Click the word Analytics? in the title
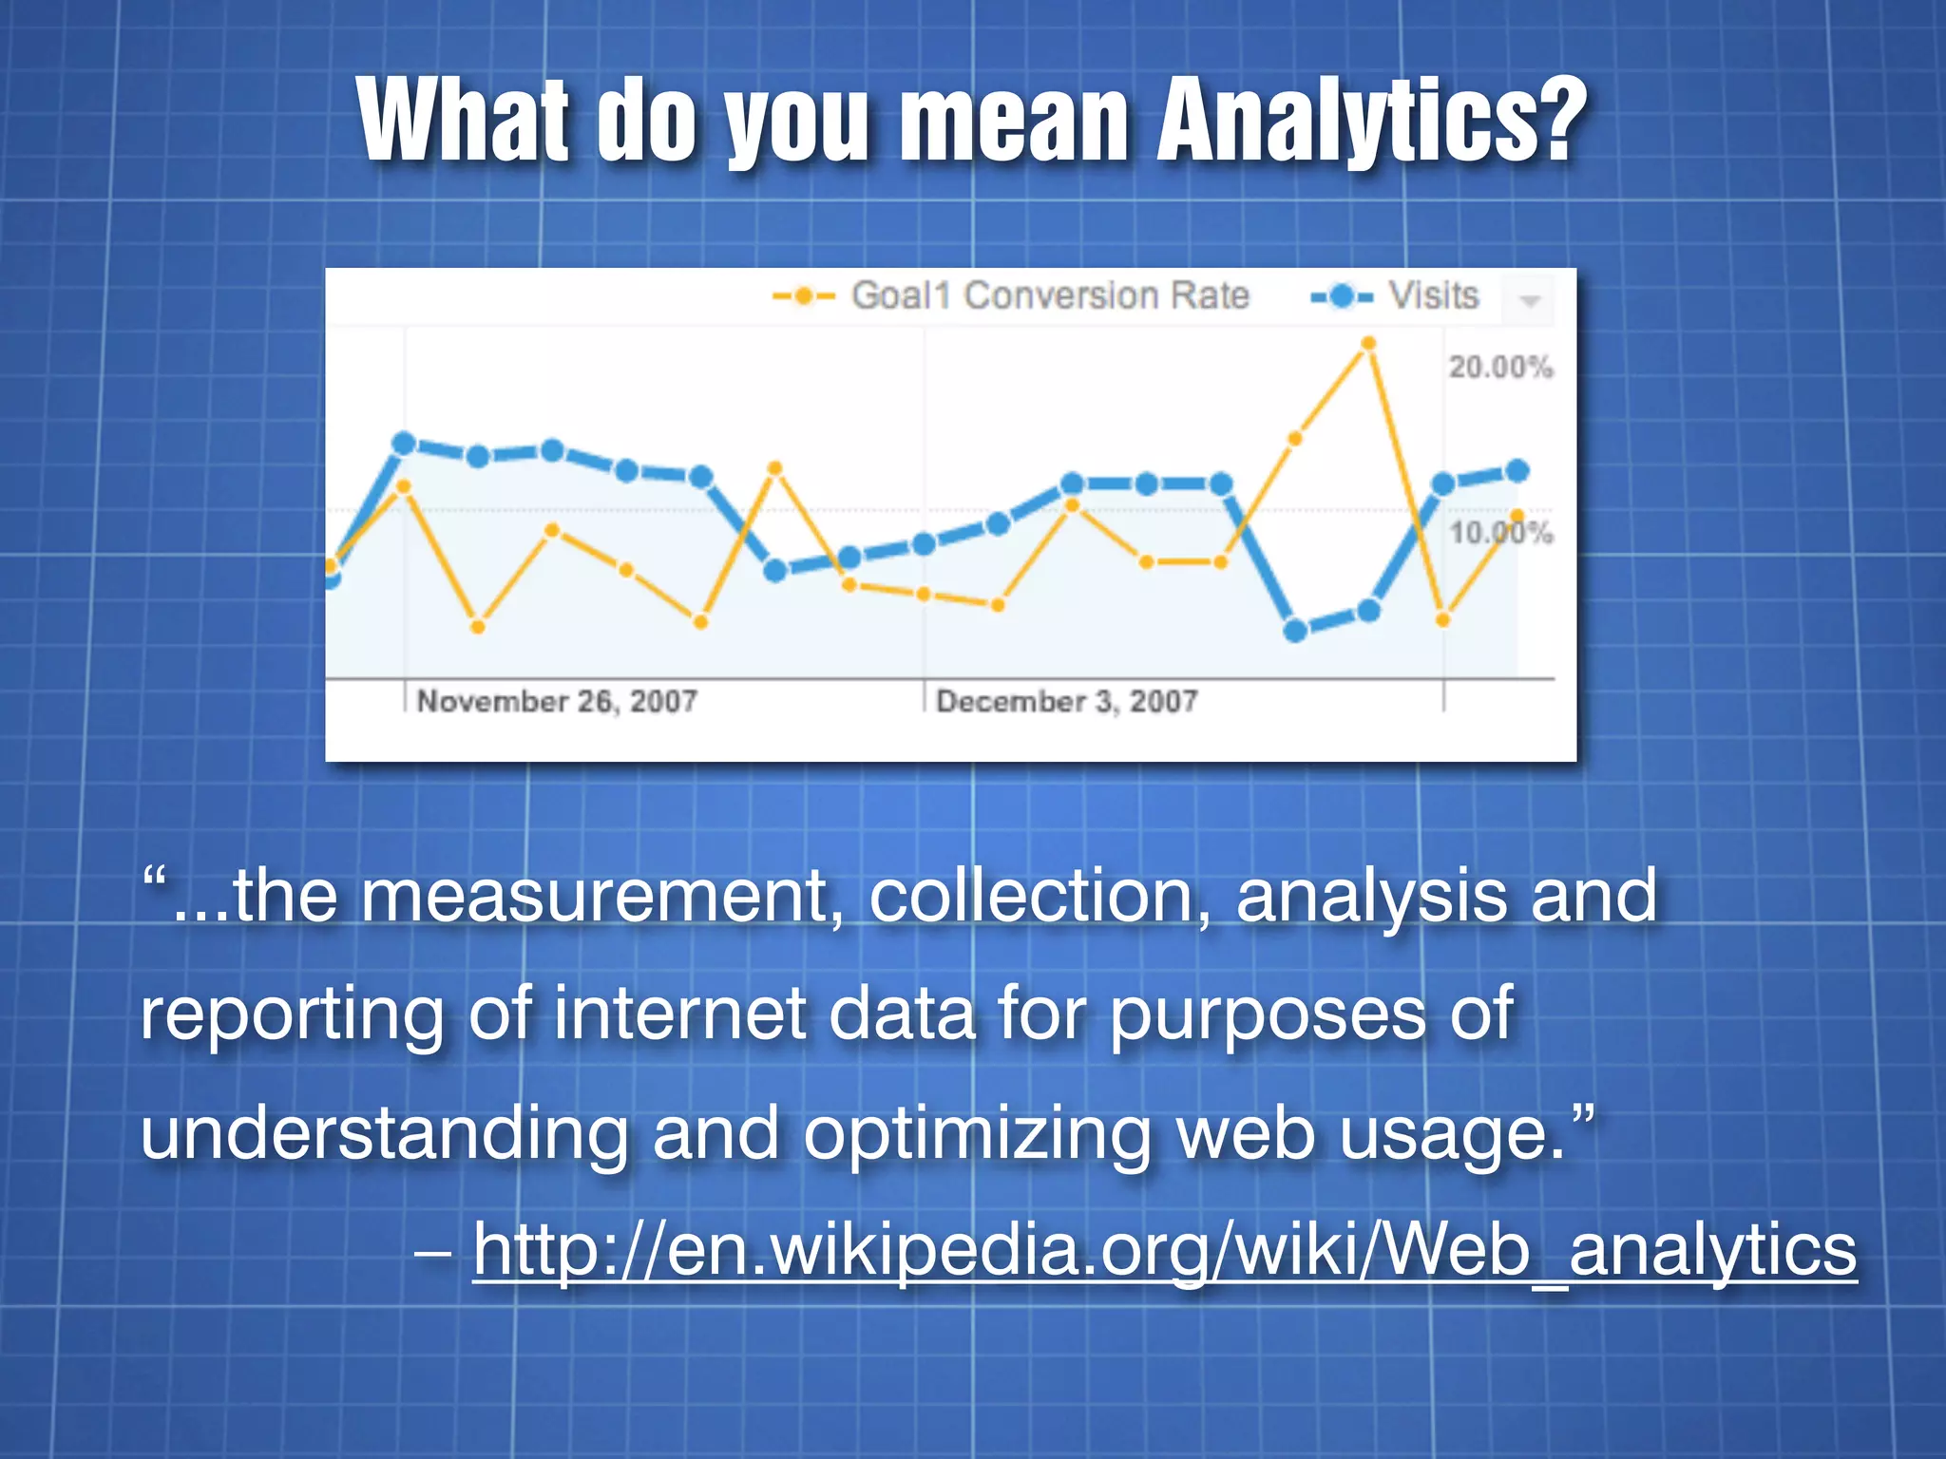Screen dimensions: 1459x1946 [1371, 122]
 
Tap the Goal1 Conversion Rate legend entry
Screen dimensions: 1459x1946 [1011, 296]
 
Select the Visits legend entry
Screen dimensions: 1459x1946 [1395, 296]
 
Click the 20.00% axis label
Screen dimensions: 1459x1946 [1500, 367]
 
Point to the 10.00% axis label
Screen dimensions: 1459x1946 [1500, 533]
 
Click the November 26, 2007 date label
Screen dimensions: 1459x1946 [557, 702]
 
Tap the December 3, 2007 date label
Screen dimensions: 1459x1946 [1066, 702]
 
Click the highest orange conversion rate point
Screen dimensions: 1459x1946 [1368, 344]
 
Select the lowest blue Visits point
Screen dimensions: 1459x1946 [1295, 631]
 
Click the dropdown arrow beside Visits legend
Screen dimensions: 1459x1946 [1530, 301]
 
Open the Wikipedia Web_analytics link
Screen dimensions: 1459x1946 [1164, 1249]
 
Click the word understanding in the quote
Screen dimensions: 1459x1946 [385, 1133]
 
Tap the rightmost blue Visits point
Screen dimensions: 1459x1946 [1517, 471]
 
